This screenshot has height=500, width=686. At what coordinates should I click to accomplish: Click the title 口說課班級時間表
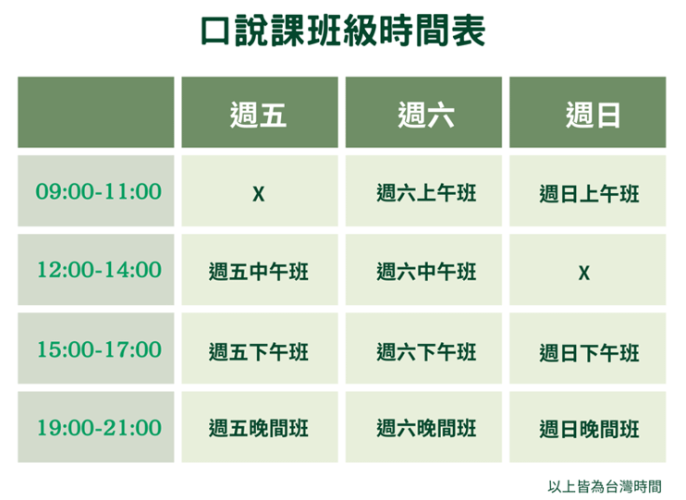343,30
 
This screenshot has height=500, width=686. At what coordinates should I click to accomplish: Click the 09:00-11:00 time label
98,191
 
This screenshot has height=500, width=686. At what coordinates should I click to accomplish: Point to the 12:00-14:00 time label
99,270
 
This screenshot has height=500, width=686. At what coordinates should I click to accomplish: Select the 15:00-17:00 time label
99,349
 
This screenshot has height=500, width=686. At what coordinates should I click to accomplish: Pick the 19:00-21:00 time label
99,428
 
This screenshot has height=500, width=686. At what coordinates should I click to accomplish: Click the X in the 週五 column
259,194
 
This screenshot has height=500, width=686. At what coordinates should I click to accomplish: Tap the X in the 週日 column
584,273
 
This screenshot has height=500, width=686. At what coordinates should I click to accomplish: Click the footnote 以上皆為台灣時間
605,486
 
